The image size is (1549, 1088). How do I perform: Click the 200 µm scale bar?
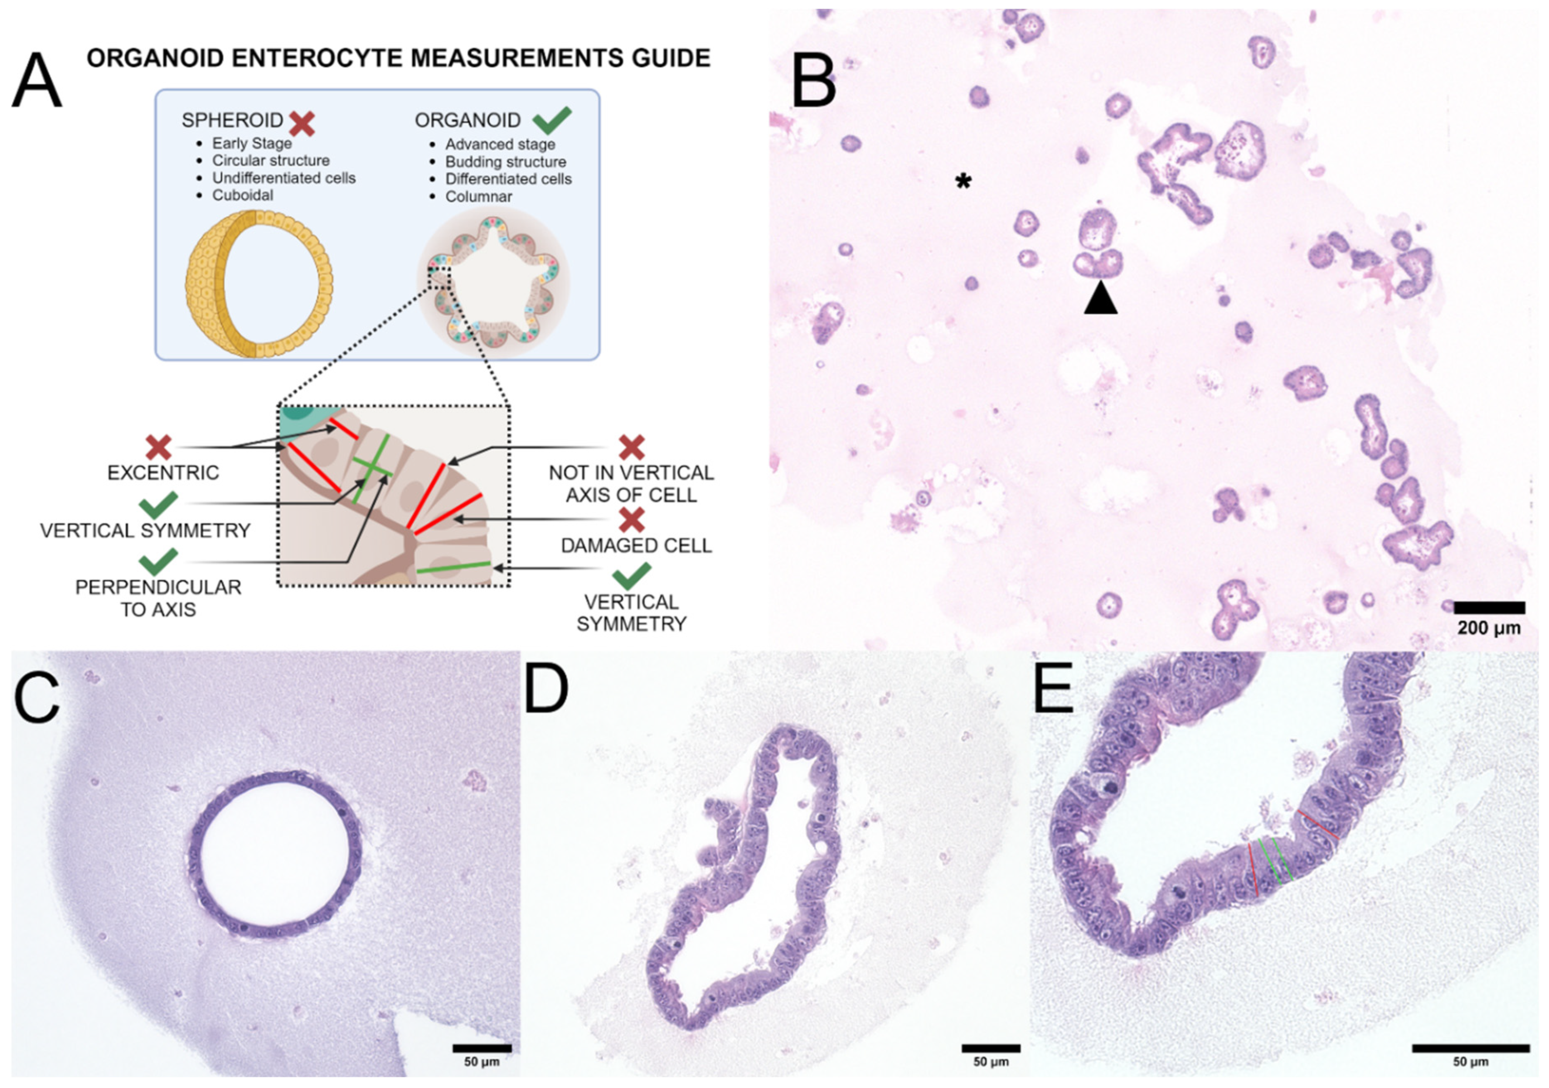tap(1488, 608)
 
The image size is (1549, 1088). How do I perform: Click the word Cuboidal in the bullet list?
tap(243, 195)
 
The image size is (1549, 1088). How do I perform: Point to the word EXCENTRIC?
tap(163, 473)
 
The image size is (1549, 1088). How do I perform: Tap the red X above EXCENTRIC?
tap(158, 447)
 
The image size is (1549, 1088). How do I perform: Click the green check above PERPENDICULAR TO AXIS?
tap(158, 561)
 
